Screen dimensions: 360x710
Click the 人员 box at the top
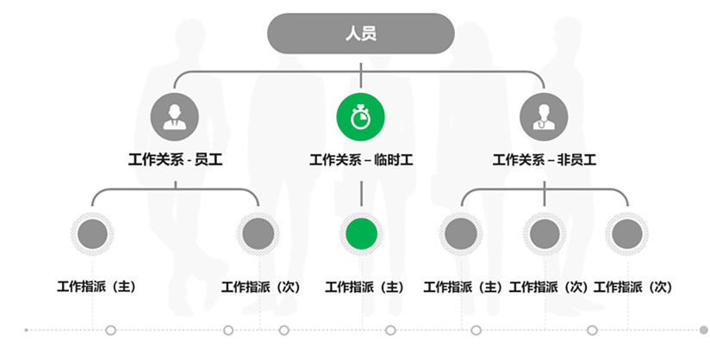click(x=360, y=34)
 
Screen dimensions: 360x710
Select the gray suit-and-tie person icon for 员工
click(x=175, y=115)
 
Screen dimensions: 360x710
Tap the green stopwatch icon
click(x=360, y=115)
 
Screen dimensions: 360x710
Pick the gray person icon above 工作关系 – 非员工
click(x=545, y=115)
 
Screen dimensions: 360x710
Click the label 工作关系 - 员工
click(x=175, y=159)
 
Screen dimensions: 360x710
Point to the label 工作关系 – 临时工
click(x=360, y=159)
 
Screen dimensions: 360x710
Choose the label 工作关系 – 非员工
click(x=545, y=159)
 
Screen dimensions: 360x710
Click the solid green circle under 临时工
click(x=361, y=233)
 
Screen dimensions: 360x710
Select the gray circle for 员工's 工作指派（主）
click(x=92, y=233)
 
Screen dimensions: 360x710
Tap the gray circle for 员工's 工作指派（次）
click(x=258, y=233)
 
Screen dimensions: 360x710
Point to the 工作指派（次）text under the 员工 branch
click(x=261, y=286)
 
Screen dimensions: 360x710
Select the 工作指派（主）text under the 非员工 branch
click(x=462, y=286)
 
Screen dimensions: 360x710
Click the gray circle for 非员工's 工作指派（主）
click(x=461, y=233)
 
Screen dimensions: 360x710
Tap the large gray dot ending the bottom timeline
click(x=703, y=330)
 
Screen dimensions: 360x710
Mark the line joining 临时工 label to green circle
click(x=361, y=191)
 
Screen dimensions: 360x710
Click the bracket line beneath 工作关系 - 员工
click(x=175, y=189)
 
